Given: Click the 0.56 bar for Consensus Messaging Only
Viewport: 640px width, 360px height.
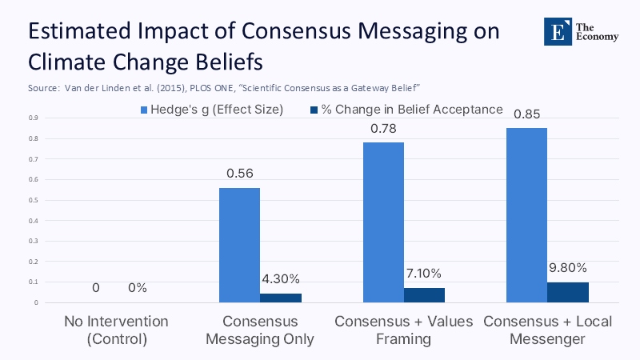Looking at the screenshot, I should [x=239, y=245].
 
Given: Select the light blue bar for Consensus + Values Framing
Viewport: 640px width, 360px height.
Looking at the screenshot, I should [x=382, y=222].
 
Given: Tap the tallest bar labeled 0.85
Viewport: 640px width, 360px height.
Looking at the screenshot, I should [x=526, y=215].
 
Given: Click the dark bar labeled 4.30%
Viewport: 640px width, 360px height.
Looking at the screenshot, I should [x=281, y=298].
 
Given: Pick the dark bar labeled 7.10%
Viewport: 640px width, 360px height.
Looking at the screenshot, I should [x=424, y=295].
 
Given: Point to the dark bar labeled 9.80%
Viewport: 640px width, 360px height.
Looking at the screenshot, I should [x=568, y=292].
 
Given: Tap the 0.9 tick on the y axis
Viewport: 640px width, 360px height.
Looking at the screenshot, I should [x=33, y=118].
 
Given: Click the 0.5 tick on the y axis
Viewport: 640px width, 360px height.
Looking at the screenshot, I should [x=33, y=200].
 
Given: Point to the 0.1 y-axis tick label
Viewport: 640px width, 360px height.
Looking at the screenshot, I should [x=33, y=282].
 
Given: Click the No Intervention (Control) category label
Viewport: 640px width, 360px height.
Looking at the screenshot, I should [x=117, y=330].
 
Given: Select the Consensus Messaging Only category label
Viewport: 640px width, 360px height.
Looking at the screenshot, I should [x=260, y=330].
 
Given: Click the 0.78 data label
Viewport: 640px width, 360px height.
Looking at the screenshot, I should [x=382, y=128].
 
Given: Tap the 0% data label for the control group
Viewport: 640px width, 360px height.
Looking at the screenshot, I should [x=138, y=288].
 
